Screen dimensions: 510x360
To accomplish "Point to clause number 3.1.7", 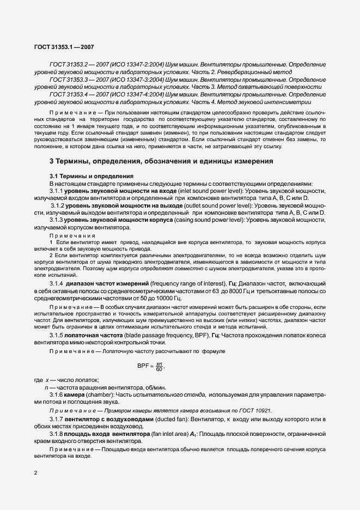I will click(56, 420).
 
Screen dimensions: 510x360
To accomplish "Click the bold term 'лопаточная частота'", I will click(91, 334).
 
